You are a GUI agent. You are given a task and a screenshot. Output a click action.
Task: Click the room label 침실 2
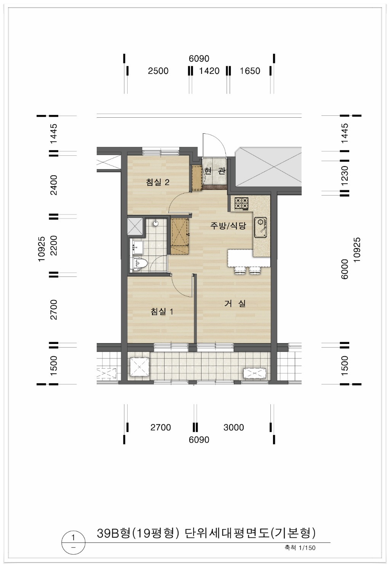(x=158, y=182)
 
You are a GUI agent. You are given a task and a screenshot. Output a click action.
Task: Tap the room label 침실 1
(x=162, y=312)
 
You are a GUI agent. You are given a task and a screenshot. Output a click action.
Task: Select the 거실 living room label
(x=235, y=304)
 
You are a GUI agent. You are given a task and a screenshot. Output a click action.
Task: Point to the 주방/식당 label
(x=228, y=225)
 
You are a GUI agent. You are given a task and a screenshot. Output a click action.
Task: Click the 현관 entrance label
(x=215, y=171)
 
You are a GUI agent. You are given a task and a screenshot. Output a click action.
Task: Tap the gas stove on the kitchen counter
(x=241, y=203)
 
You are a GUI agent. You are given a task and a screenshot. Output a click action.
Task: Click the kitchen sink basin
(x=261, y=227)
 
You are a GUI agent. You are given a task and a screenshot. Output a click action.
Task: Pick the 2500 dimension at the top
(x=158, y=71)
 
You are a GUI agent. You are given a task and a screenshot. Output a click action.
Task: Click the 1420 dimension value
(x=209, y=71)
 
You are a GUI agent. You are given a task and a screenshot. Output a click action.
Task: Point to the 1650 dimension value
(x=250, y=71)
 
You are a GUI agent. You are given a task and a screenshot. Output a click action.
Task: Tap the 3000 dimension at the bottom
(x=233, y=427)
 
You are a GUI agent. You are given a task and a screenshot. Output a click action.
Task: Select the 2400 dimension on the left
(x=54, y=185)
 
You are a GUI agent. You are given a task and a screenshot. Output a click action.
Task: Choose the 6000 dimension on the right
(x=345, y=269)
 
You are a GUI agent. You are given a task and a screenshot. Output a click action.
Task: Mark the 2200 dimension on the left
(x=54, y=246)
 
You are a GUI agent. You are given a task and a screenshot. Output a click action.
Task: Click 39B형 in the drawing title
(x=113, y=533)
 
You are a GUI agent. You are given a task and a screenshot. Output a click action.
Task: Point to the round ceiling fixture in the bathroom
(x=156, y=223)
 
